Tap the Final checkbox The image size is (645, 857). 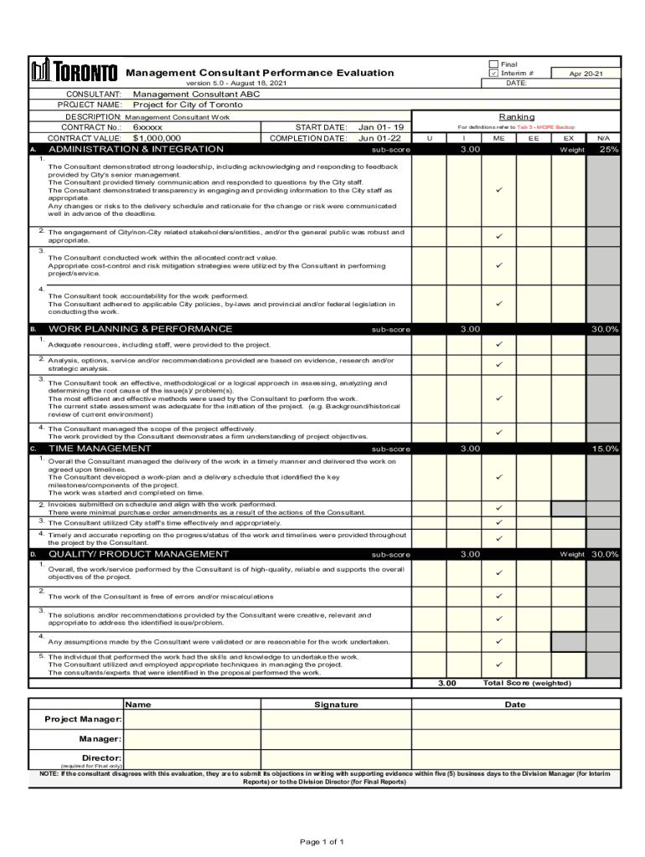click(493, 64)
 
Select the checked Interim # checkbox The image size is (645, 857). click(493, 74)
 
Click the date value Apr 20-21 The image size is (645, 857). click(586, 74)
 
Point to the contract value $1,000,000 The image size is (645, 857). click(157, 138)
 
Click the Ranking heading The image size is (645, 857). click(516, 116)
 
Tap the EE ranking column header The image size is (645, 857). click(534, 138)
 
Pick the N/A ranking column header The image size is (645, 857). click(603, 138)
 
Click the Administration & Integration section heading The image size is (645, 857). click(137, 149)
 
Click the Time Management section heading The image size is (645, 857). click(100, 449)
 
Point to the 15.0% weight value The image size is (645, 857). click(604, 449)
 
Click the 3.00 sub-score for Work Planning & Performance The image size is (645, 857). click(470, 329)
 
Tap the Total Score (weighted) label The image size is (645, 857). click(527, 683)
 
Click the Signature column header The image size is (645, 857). click(336, 705)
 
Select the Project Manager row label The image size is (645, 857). click(83, 720)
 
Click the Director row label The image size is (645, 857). click(101, 757)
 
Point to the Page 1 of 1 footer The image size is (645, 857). click(322, 841)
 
